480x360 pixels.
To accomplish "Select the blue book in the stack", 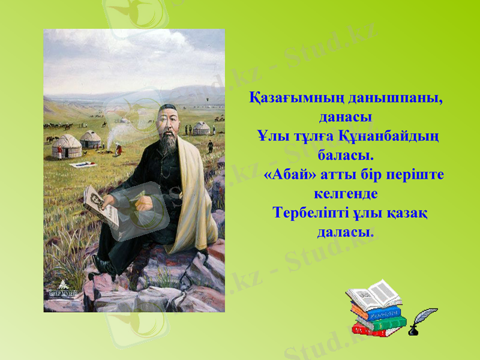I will click(x=376, y=313).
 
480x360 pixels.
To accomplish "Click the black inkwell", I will click(x=413, y=329).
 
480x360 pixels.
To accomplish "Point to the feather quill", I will click(x=427, y=316).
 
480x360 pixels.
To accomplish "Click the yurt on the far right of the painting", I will click(x=201, y=128).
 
